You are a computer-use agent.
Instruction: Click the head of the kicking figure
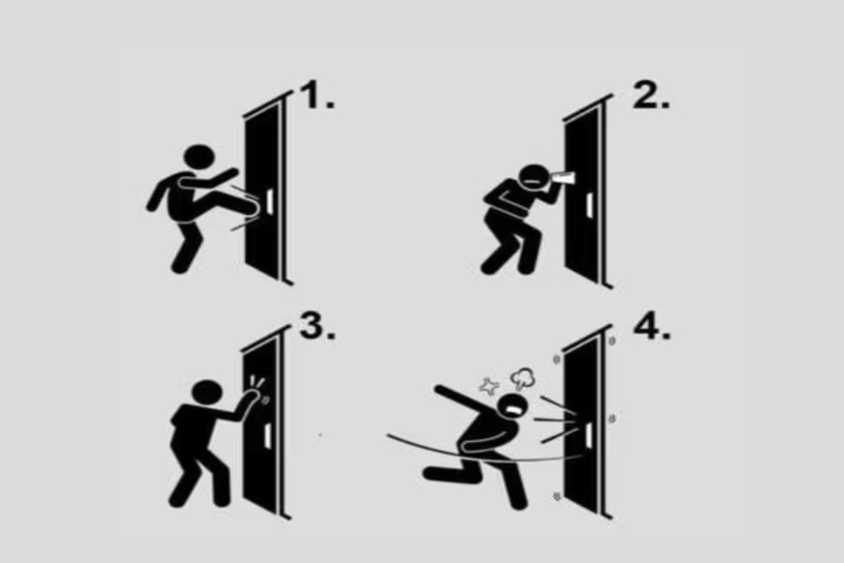point(199,156)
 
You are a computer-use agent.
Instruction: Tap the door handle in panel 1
point(270,199)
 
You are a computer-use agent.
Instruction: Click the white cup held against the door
point(563,179)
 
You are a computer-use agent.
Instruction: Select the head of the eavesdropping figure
point(534,177)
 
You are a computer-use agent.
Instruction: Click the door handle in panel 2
point(589,205)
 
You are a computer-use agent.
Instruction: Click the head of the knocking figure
point(207,392)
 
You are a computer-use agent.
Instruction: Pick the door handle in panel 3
point(267,436)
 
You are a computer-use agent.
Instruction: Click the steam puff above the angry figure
point(523,379)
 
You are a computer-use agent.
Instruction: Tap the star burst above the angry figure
point(489,386)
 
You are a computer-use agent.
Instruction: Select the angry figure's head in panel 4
point(513,407)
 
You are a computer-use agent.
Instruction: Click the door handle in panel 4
point(589,434)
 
